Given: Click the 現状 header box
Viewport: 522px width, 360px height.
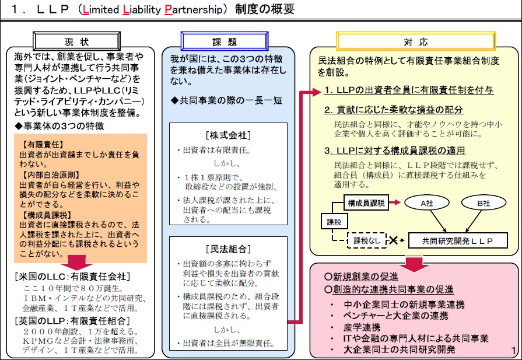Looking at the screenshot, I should [x=76, y=41].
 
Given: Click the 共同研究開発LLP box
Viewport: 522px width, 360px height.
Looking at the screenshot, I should [x=457, y=240].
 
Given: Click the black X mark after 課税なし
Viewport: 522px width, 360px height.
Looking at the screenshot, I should [x=394, y=240].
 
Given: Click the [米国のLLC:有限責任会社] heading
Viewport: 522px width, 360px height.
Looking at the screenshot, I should [x=72, y=277].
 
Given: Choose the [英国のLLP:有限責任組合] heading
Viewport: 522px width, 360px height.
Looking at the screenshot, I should [x=72, y=320].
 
